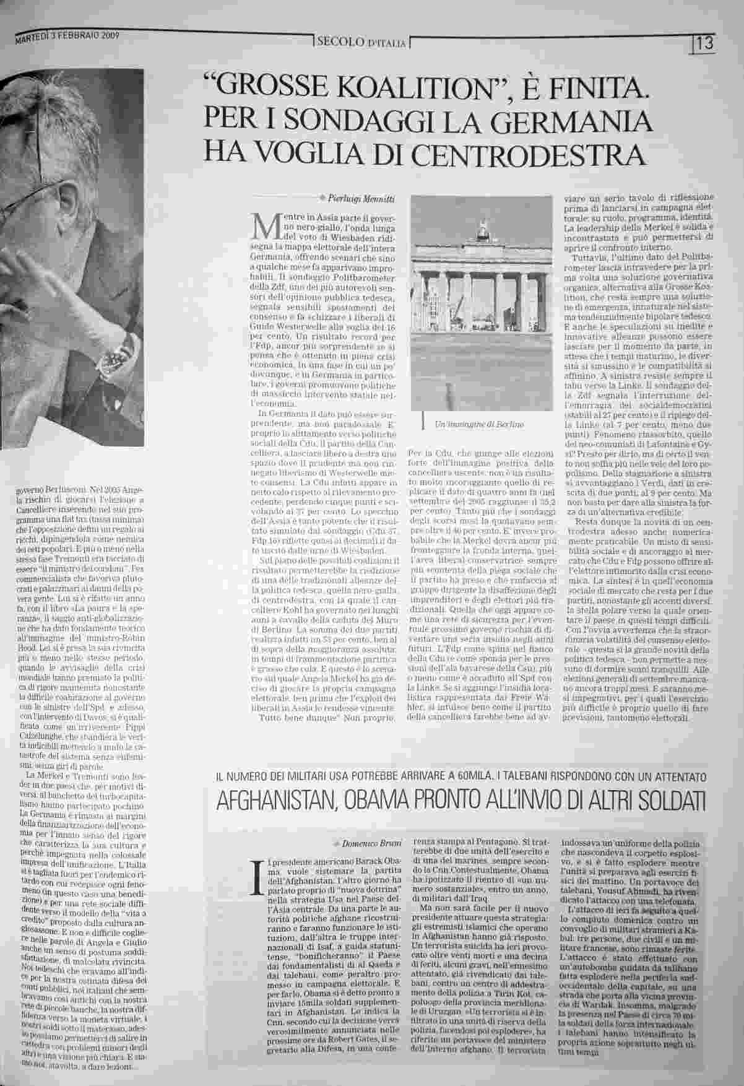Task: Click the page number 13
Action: click(x=704, y=44)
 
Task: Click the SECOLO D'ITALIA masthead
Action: click(x=361, y=43)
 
